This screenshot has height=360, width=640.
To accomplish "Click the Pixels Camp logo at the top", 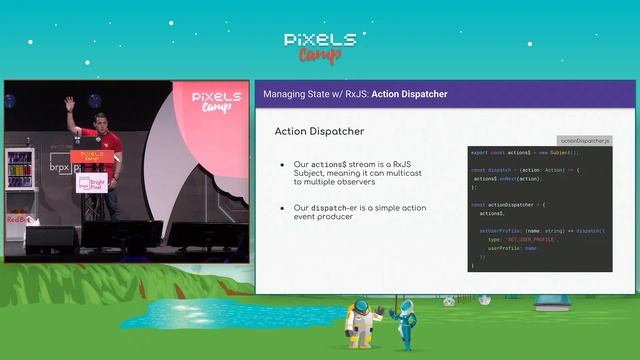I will coord(319,46).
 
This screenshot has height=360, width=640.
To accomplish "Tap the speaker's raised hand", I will coord(70,103).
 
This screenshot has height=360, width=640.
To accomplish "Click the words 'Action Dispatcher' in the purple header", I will coord(409,94).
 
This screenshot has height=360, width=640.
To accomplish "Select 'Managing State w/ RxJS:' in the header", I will coord(315,94).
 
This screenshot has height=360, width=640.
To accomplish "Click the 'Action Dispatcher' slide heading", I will coord(319,132).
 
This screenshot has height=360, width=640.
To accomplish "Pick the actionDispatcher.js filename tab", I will coord(585,141).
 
